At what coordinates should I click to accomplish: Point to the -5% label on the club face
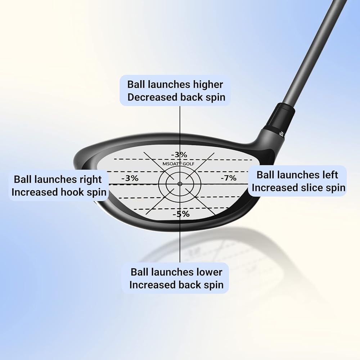(181, 214)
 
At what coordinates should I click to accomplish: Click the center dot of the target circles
(179, 184)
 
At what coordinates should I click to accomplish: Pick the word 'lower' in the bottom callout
(209, 272)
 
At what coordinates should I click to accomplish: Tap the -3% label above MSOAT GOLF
(179, 154)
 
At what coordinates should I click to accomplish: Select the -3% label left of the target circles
(130, 178)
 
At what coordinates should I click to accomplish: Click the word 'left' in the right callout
(329, 175)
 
